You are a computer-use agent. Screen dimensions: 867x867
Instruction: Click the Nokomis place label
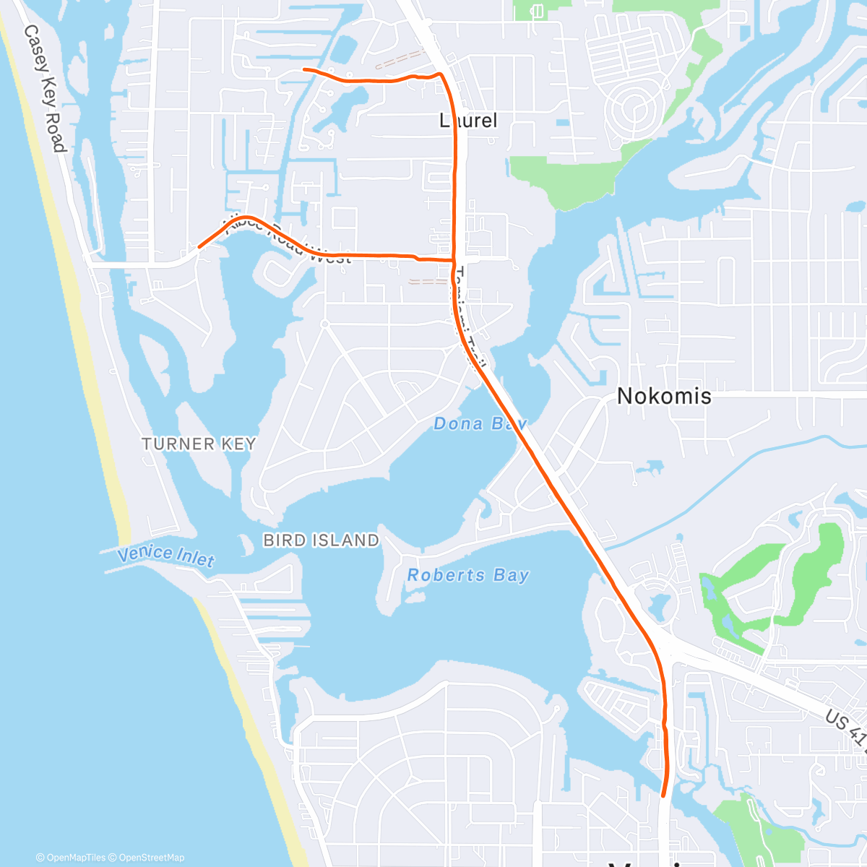[x=664, y=396]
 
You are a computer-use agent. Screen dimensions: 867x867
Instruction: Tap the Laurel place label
[x=469, y=120]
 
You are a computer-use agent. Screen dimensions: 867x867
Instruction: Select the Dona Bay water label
[x=480, y=423]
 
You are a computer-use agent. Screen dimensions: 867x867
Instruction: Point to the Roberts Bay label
[x=468, y=575]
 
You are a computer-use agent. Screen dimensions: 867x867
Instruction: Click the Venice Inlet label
[x=166, y=555]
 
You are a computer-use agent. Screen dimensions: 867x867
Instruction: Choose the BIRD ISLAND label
[x=321, y=540]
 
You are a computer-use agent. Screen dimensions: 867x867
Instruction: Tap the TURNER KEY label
[x=199, y=444]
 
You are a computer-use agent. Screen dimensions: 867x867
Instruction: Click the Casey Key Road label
[x=45, y=88]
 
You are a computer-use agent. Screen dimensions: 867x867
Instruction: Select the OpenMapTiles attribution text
[x=75, y=858]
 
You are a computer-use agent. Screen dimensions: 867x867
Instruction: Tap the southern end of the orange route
[x=663, y=796]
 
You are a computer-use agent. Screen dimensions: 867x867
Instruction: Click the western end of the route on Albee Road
[x=199, y=246]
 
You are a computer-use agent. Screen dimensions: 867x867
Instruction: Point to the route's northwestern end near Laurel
[x=303, y=69]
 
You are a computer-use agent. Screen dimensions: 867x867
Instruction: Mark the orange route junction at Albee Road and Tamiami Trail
[x=454, y=259]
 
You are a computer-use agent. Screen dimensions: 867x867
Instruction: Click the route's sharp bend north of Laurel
[x=440, y=74]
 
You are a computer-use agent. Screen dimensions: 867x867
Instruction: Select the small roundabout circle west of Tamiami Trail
[x=325, y=324]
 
